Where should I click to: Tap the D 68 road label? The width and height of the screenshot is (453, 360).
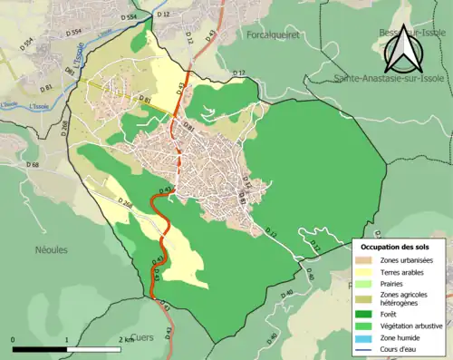click(33, 165)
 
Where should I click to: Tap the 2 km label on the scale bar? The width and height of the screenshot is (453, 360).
click(127, 340)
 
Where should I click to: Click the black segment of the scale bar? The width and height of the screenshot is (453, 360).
click(40, 348)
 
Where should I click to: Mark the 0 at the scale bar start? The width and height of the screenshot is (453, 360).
click(14, 340)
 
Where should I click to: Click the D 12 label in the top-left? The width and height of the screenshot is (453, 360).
click(163, 15)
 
